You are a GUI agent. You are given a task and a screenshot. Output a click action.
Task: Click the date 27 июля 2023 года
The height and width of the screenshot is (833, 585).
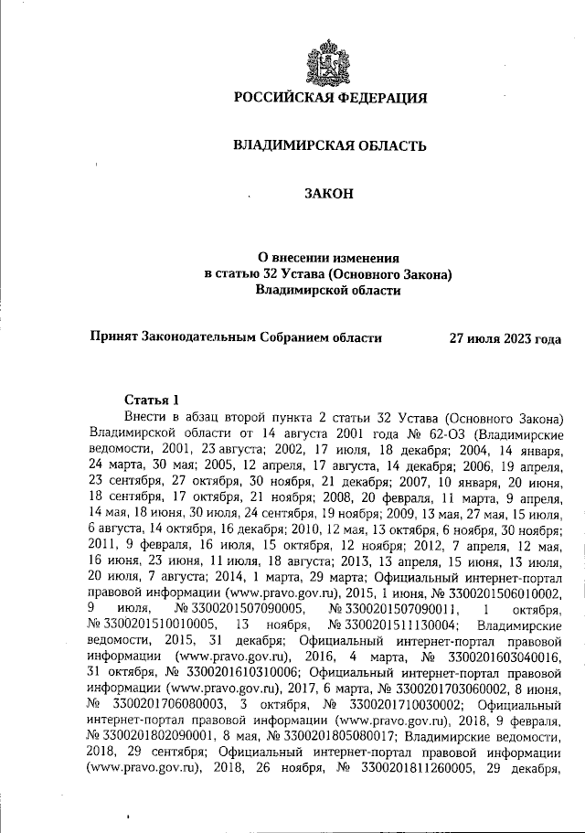(505, 337)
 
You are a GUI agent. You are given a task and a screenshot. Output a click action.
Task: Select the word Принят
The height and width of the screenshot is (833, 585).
(112, 337)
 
